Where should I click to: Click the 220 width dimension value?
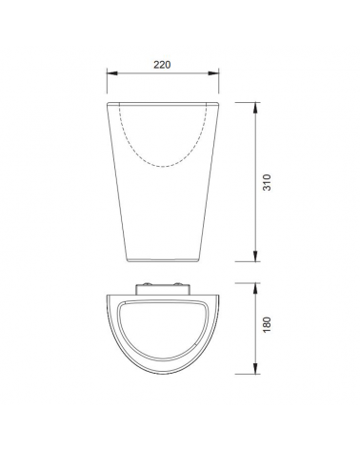(x=162, y=65)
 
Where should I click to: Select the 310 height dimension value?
(x=268, y=182)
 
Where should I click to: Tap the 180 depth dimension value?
(x=268, y=324)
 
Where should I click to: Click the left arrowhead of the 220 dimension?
(x=112, y=73)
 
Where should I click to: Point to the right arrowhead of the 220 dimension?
(x=213, y=73)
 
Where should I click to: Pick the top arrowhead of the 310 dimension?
(x=255, y=108)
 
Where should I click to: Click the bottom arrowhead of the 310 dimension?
(x=255, y=256)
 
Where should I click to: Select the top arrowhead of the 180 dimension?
(x=255, y=289)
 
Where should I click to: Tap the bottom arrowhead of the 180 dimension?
(x=255, y=368)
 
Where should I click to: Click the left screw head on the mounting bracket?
(x=148, y=284)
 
